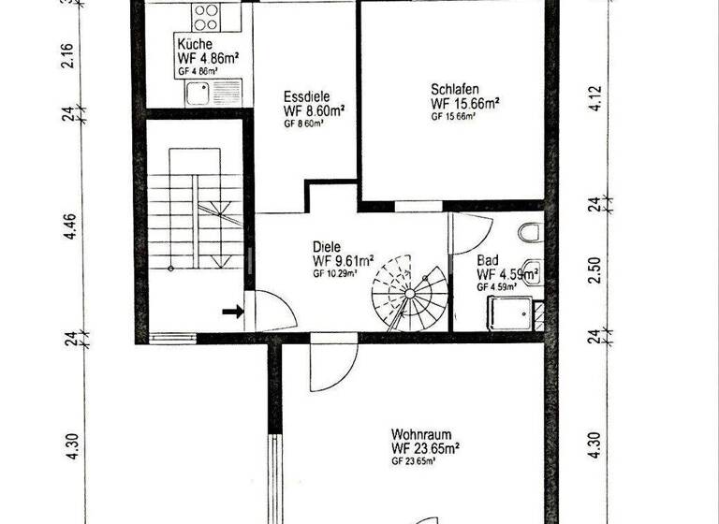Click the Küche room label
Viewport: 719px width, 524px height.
[194, 44]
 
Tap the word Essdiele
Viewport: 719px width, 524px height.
[305, 95]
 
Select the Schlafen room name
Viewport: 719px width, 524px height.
[456, 89]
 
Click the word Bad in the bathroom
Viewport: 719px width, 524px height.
[488, 261]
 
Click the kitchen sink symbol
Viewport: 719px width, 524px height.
[198, 92]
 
